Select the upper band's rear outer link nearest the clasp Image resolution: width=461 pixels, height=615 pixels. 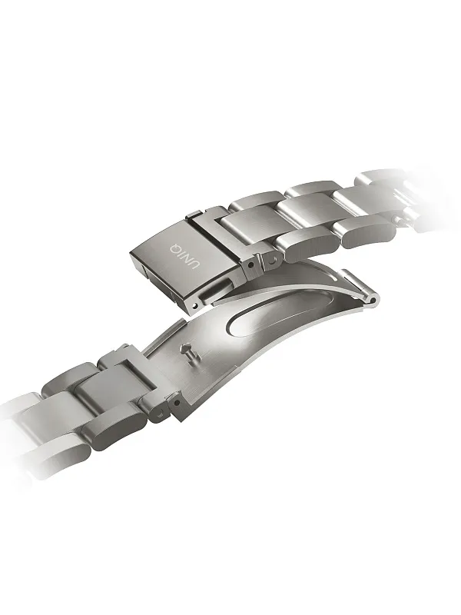[254, 201]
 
